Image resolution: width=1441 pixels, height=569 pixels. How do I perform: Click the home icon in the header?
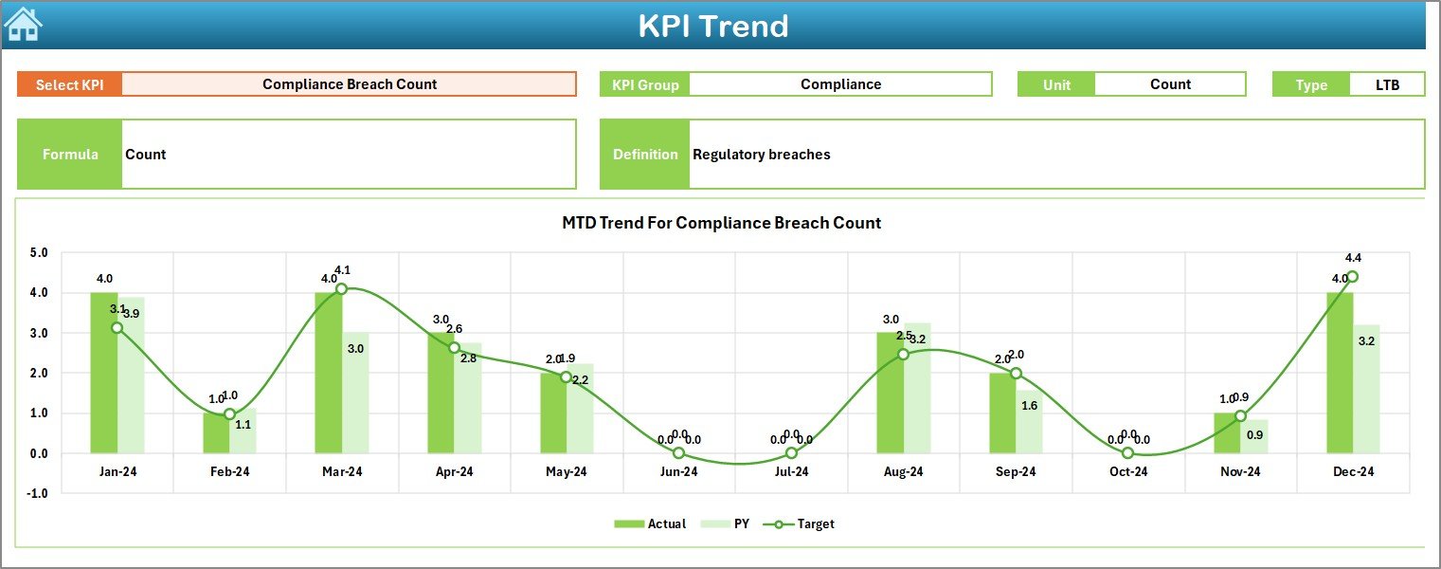(23, 24)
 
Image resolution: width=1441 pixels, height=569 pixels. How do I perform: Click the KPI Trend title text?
(712, 26)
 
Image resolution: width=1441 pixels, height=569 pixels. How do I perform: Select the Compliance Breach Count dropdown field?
(349, 84)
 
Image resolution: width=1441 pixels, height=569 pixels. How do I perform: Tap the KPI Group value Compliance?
(840, 84)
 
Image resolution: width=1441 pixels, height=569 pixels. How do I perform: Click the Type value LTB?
(1387, 84)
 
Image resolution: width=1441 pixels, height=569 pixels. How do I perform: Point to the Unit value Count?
(1170, 84)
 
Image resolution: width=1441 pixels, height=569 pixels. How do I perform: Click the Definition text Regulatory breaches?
(762, 155)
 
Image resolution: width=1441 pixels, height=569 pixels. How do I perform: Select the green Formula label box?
(70, 155)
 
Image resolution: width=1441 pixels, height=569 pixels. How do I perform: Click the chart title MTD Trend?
(721, 223)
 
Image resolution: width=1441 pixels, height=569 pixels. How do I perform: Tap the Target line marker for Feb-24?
(229, 413)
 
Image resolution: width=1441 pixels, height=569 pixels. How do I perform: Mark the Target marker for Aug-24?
(903, 354)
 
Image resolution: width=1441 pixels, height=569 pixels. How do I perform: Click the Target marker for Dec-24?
(1352, 277)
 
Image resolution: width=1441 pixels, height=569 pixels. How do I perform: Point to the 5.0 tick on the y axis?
(39, 253)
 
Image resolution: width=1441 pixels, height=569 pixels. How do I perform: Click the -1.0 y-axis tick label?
(38, 493)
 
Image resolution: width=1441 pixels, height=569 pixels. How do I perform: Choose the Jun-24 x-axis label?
(678, 471)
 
